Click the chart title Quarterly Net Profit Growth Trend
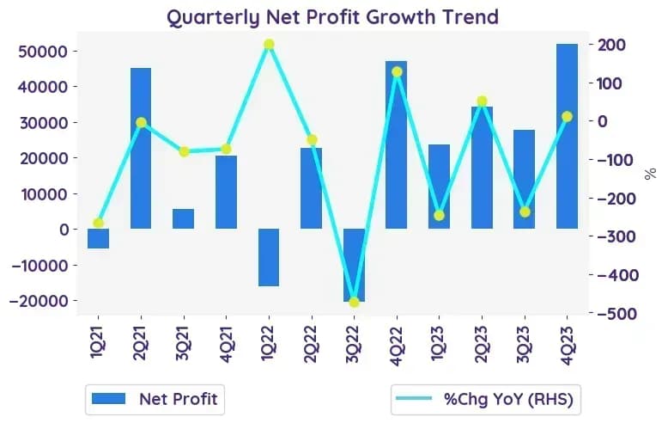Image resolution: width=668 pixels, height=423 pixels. click(332, 18)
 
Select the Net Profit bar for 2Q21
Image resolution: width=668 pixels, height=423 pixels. click(141, 149)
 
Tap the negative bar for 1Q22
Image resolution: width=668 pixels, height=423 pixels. click(269, 258)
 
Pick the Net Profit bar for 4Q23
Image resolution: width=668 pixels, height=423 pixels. click(567, 137)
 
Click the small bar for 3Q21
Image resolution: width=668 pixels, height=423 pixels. click(183, 218)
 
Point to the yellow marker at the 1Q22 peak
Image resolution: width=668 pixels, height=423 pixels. click(269, 45)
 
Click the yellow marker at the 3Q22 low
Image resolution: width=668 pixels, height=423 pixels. click(354, 303)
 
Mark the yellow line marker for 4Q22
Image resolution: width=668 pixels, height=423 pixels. click(397, 72)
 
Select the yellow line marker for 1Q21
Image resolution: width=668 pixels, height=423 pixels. click(99, 223)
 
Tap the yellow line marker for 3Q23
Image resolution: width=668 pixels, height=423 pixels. click(525, 211)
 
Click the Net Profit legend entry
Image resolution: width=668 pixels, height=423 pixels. click(155, 399)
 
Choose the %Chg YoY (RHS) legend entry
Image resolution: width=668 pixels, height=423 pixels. click(485, 399)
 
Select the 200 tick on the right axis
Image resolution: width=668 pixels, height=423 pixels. click(612, 45)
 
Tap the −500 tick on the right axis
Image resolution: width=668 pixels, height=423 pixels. click(616, 314)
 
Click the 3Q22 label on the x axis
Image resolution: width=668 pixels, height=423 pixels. click(353, 344)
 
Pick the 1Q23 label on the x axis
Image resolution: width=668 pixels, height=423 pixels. click(439, 344)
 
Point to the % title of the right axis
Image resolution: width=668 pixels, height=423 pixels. click(650, 174)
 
